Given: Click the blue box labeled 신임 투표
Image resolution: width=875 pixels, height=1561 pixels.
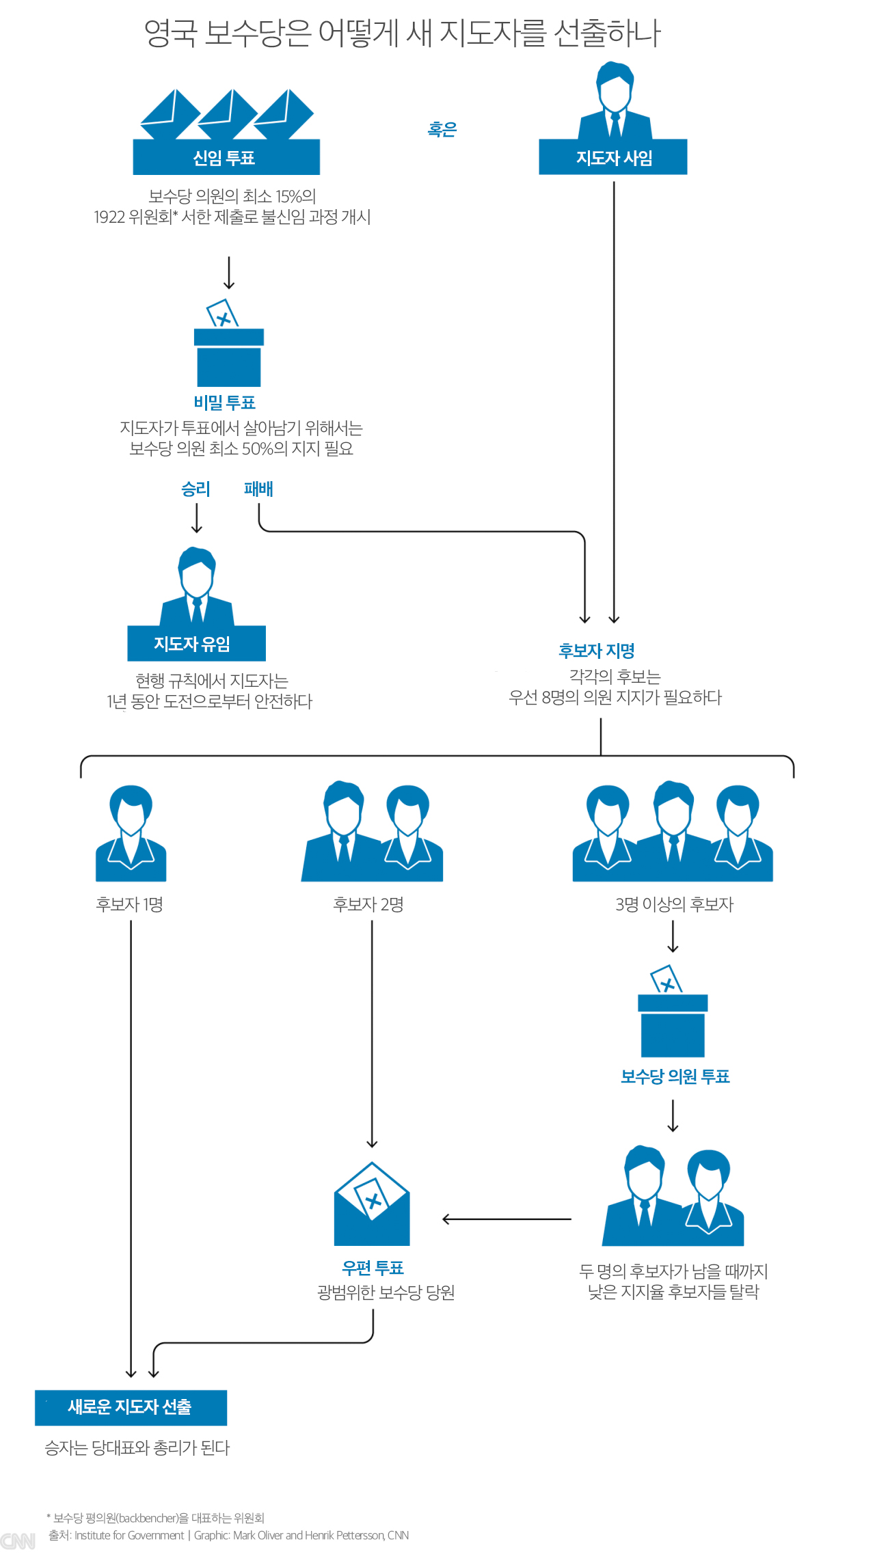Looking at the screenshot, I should tap(226, 157).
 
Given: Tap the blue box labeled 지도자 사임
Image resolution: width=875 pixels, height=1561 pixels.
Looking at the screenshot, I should tap(613, 158).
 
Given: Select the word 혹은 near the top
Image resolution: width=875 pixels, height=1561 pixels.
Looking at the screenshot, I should tap(442, 129).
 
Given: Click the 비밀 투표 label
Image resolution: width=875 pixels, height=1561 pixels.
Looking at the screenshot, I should tap(224, 403).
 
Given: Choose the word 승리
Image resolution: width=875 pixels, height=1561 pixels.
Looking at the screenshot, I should tap(196, 489).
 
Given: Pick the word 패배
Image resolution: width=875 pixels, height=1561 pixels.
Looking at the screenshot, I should tap(258, 489).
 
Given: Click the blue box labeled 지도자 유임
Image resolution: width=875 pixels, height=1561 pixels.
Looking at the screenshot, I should tap(196, 644).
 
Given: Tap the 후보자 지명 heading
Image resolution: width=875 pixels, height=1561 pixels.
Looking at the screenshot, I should tap(596, 651).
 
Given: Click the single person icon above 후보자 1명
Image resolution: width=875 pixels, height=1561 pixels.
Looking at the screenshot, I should tap(131, 834).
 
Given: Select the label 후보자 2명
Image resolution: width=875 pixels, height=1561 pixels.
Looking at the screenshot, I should tap(368, 904).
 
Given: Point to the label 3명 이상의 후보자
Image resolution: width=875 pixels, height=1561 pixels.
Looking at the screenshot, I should tap(674, 904).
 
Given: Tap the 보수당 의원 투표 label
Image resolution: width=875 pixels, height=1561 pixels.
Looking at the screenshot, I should tap(675, 1076).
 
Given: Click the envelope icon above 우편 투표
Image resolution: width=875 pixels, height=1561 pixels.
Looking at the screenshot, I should tap(372, 1206).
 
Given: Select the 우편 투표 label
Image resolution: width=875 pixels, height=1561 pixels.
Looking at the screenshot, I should tap(373, 1268).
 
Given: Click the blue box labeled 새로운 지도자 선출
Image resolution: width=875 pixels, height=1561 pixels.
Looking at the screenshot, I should tap(131, 1407).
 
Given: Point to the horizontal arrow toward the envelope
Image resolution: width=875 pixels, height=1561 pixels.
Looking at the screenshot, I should tap(506, 1219).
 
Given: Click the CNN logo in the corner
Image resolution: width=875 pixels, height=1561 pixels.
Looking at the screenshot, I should tap(18, 1541).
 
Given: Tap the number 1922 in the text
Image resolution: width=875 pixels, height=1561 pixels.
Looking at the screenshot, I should tap(109, 217).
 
